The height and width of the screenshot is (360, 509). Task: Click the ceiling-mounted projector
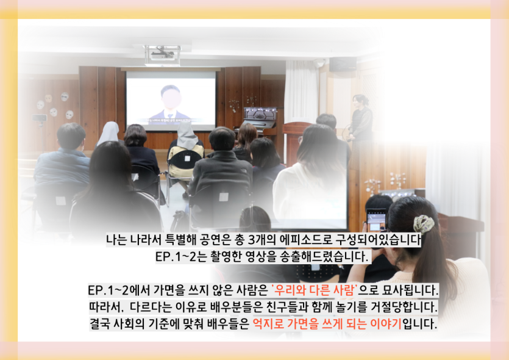(x=163, y=54)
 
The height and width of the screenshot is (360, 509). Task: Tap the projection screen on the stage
(x=171, y=100)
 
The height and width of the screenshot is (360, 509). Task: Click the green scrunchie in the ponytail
(x=424, y=224)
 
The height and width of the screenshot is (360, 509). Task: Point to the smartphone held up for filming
(x=376, y=220)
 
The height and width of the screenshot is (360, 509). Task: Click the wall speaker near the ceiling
(x=343, y=64)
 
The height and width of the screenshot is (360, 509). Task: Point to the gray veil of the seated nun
(x=187, y=135)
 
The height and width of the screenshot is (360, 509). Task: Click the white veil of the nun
(x=110, y=133)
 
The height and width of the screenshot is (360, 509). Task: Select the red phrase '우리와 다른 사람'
(x=314, y=290)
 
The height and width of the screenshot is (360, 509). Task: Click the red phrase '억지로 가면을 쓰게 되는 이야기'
(x=327, y=323)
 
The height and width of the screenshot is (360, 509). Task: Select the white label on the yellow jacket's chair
(x=188, y=158)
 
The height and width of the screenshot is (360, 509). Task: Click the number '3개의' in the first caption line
(x=262, y=240)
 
